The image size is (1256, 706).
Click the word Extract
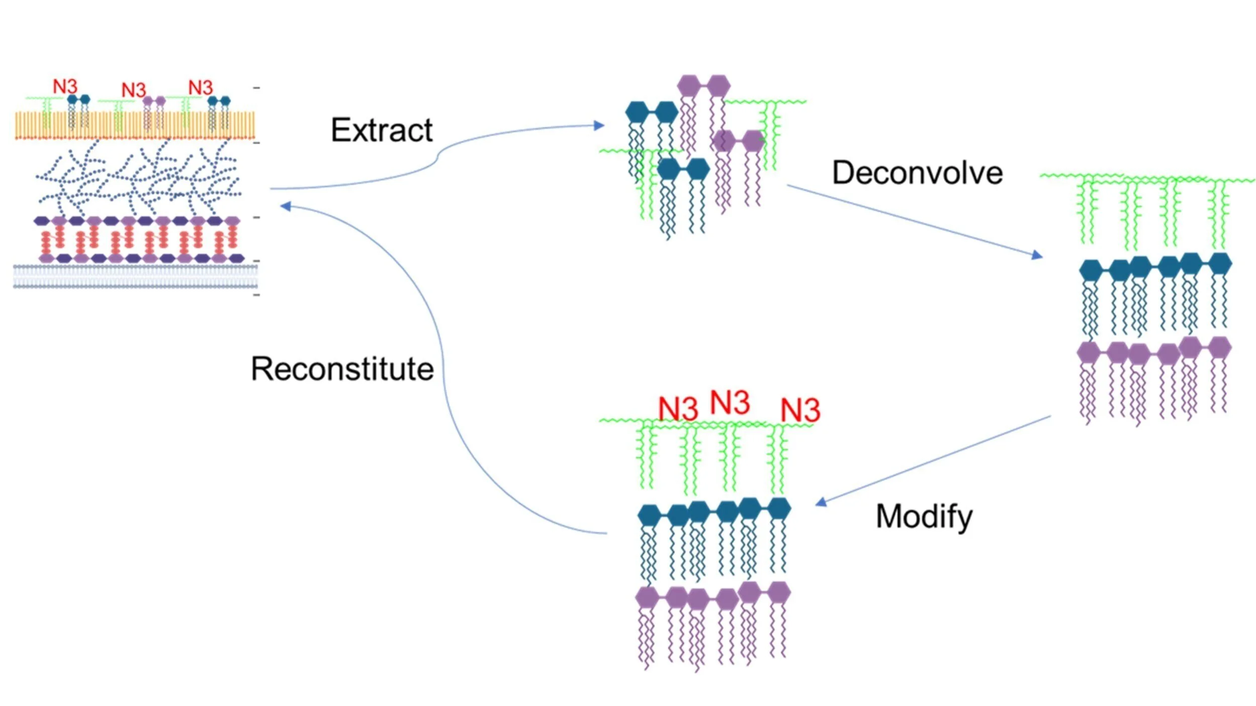pyautogui.click(x=382, y=131)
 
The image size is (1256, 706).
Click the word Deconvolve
pyautogui.click(x=917, y=173)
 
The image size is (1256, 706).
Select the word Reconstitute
pyautogui.click(x=342, y=369)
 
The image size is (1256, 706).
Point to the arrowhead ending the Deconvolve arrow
pyautogui.click(x=1037, y=255)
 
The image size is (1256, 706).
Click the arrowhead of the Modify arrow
pyautogui.click(x=821, y=502)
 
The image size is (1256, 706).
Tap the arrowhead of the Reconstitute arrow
pyautogui.click(x=286, y=207)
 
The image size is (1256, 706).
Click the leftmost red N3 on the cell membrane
pyautogui.click(x=65, y=86)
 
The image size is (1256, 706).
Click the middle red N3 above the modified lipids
pyautogui.click(x=730, y=402)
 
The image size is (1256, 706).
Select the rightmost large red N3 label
pyautogui.click(x=800, y=410)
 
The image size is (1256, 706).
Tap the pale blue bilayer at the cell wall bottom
pyautogui.click(x=135, y=277)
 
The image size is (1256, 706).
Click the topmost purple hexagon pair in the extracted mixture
pyautogui.click(x=703, y=85)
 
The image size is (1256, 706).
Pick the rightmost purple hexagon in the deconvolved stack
pyautogui.click(x=1219, y=348)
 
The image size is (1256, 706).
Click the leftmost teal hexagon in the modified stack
pyautogui.click(x=649, y=516)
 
